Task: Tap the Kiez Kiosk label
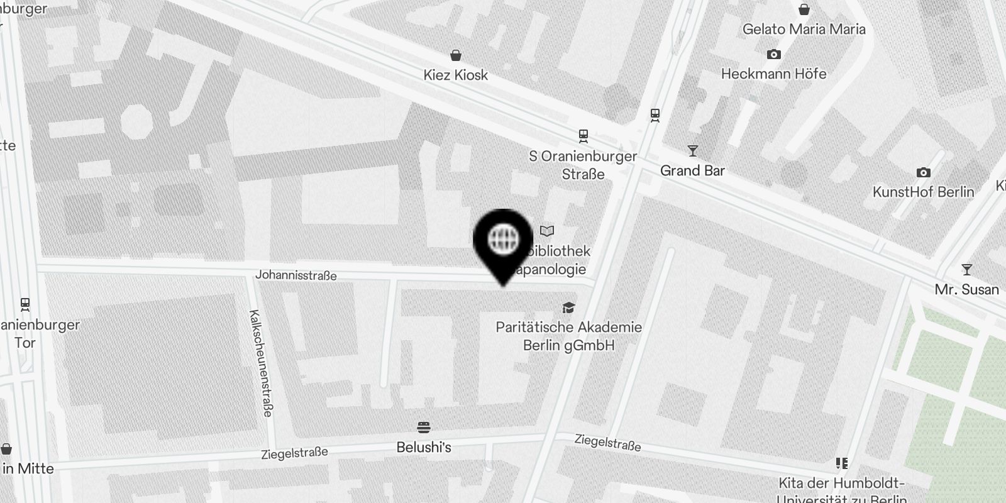click(455, 75)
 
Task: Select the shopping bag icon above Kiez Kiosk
click(456, 55)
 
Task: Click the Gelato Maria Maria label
click(804, 29)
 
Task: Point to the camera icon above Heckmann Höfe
click(774, 54)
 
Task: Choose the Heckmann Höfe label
click(773, 74)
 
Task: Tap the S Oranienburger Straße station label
click(583, 165)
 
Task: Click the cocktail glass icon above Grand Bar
click(692, 150)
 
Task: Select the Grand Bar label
click(692, 170)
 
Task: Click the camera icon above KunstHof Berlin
click(923, 172)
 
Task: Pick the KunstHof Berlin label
click(923, 192)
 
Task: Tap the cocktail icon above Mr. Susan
click(966, 270)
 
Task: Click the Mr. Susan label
click(966, 289)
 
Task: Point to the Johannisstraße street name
click(296, 275)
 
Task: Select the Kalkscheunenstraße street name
click(261, 363)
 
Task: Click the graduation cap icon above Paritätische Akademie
click(568, 307)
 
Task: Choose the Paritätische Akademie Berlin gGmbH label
click(568, 336)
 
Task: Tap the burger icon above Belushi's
click(424, 428)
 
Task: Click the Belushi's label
click(424, 448)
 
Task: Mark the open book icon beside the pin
click(547, 231)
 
